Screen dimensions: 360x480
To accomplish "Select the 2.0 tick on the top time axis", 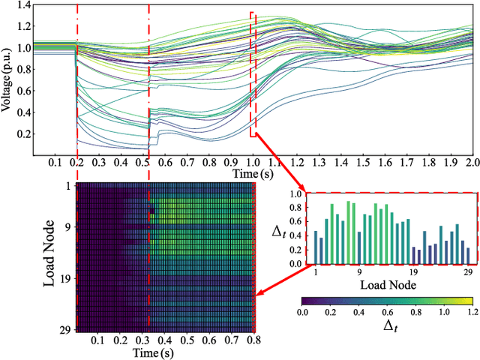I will pyautogui.click(x=472, y=163).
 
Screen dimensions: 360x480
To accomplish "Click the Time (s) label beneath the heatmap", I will pyautogui.click(x=160, y=352).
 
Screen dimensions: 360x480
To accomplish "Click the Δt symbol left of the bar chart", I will pyautogui.click(x=278, y=231).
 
